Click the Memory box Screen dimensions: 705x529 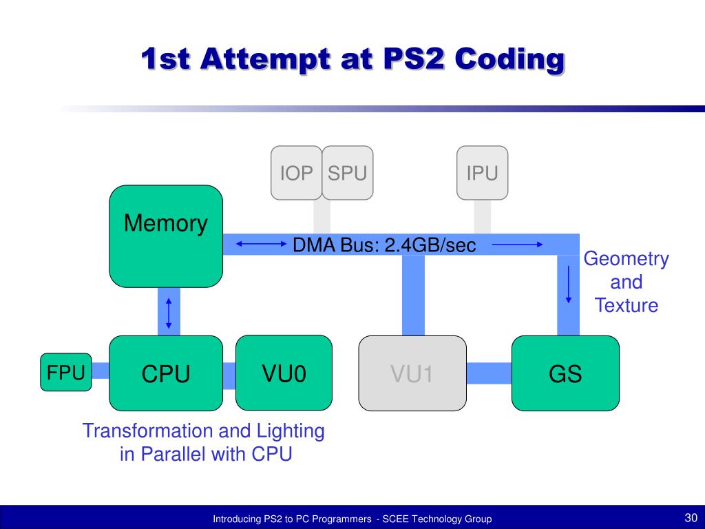(x=166, y=236)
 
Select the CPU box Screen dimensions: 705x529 (x=166, y=373)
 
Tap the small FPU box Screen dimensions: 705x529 (x=66, y=372)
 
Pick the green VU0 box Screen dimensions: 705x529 (x=284, y=373)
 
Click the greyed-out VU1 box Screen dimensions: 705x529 (x=412, y=373)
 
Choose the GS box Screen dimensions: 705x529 (x=566, y=373)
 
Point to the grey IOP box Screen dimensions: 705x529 (x=296, y=173)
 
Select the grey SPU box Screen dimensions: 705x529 (x=348, y=173)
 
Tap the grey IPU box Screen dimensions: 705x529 (x=483, y=173)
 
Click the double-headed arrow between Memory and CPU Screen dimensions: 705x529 (x=169, y=313)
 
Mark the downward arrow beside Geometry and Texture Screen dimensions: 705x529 (x=568, y=284)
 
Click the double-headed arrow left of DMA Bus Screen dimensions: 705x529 (x=261, y=245)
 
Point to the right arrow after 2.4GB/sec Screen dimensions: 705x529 (x=518, y=245)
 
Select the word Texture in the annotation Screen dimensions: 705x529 (x=627, y=305)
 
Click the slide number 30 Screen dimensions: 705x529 (x=691, y=517)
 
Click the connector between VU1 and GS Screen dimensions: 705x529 (x=490, y=373)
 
